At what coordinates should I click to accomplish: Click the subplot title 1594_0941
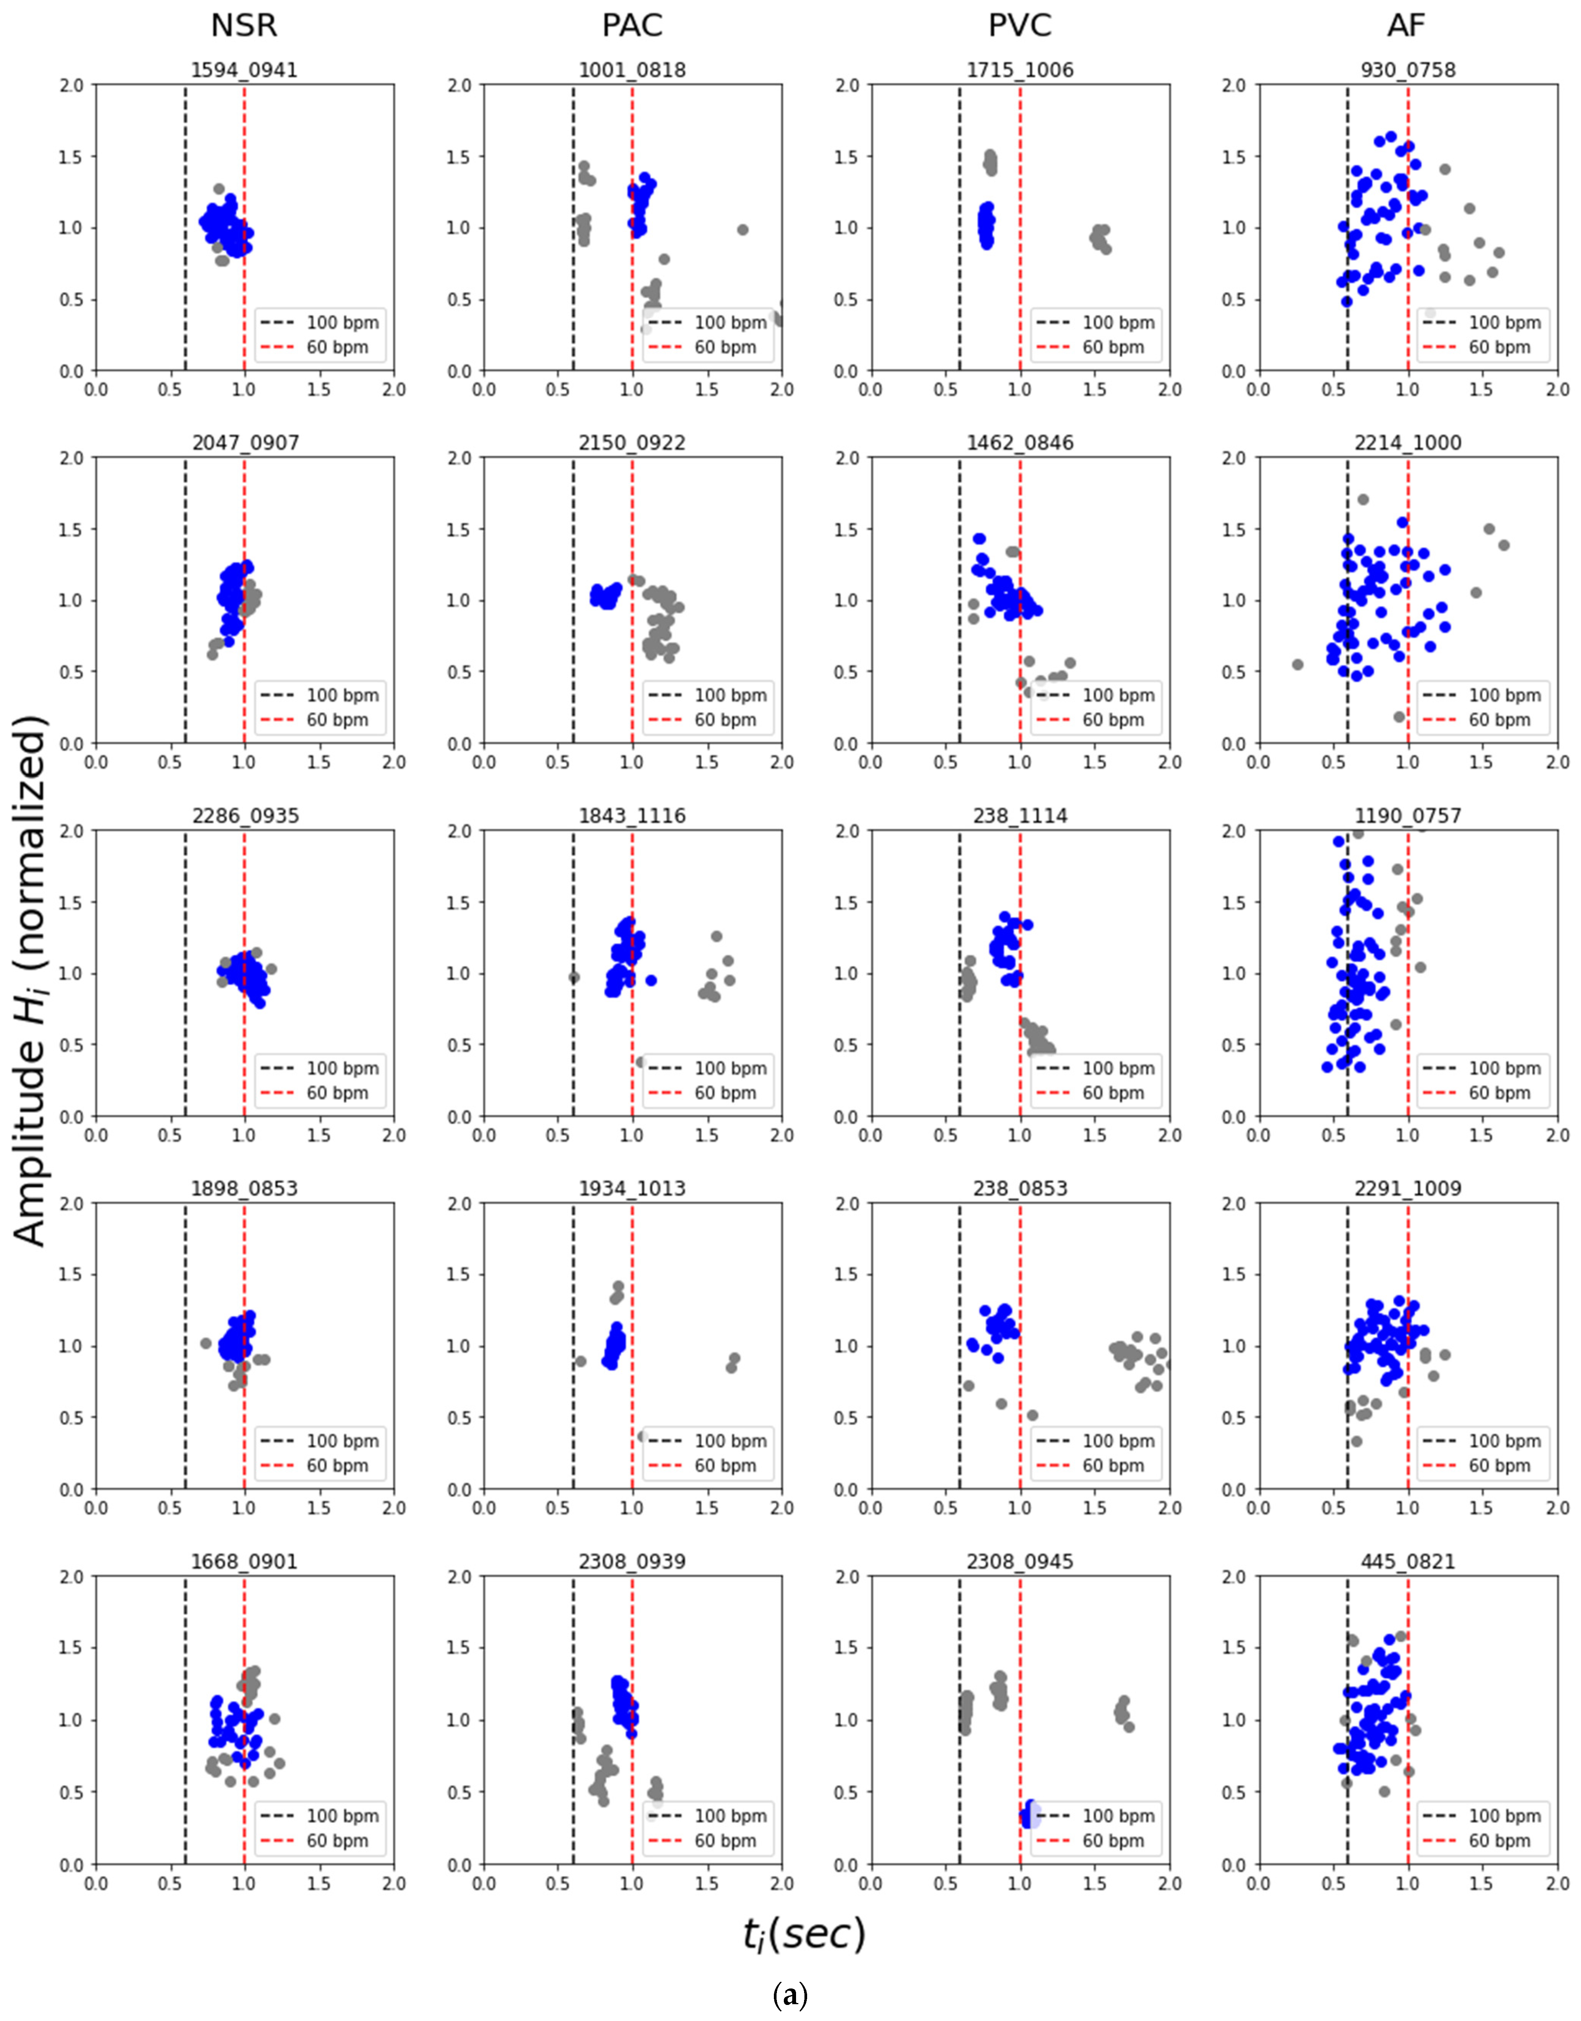244,70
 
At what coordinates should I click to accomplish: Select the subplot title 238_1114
1020,817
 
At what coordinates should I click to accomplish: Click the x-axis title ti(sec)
803,1935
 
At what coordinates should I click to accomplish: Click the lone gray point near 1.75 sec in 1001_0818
743,229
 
